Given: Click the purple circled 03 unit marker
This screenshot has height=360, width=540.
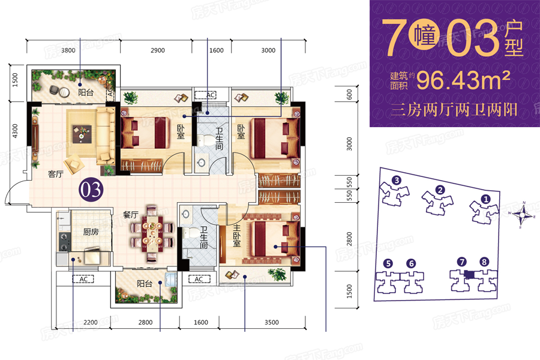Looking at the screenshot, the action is [91, 190].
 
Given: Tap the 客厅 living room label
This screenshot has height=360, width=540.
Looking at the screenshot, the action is [55, 175].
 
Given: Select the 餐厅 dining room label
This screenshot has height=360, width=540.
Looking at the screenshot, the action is [130, 215].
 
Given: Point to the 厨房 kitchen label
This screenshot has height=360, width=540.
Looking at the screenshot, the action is [91, 232].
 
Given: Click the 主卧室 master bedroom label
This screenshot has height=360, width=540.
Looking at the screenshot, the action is [236, 236].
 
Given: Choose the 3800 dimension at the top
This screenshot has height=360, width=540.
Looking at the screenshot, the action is [68, 50].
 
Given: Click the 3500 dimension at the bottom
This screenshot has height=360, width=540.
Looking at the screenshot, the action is [272, 322].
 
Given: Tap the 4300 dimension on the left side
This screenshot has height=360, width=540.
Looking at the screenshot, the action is [15, 131].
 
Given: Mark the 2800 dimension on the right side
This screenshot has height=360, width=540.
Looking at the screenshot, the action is [350, 239].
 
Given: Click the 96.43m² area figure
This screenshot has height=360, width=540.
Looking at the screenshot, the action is [463, 80].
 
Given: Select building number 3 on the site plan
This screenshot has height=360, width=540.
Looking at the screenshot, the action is [397, 180].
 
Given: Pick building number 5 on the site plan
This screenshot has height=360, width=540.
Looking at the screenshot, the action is [388, 263].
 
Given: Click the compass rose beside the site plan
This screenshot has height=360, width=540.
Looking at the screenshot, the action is [523, 214].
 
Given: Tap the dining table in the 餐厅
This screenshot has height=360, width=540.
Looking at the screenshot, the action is [152, 234].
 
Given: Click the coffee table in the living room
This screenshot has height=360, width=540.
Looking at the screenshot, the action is [82, 133].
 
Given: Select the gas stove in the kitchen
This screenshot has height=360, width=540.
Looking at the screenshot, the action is [64, 242].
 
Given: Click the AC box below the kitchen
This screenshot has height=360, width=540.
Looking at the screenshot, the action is [83, 279].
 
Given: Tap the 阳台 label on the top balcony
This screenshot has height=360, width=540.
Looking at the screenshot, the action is [86, 92].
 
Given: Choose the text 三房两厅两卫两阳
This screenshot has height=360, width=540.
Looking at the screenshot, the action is [454, 110].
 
